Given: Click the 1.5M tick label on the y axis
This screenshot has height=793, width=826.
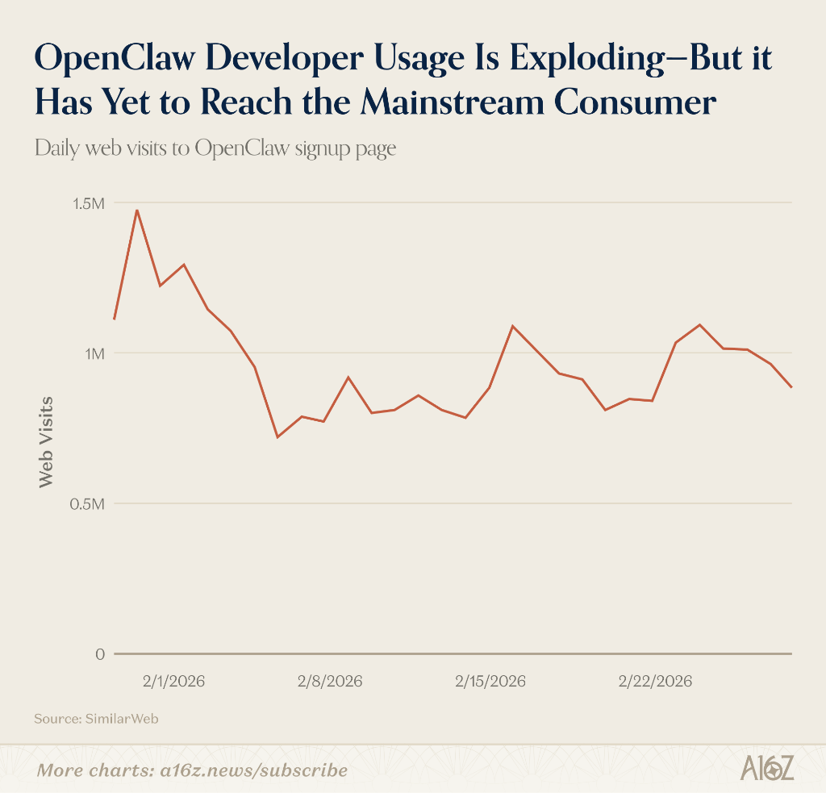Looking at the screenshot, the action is [x=88, y=203].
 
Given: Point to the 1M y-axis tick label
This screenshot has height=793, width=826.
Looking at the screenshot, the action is [x=95, y=353].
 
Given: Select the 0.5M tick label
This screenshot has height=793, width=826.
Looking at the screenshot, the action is [x=87, y=504].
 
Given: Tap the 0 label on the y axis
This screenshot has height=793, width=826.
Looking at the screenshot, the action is [x=100, y=654].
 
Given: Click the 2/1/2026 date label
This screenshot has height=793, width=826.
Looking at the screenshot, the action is [x=174, y=682].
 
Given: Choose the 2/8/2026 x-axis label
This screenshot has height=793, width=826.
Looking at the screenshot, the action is [x=330, y=682].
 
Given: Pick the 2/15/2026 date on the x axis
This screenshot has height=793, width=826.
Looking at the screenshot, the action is [x=490, y=682].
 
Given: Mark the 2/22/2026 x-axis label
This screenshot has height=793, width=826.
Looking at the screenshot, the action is [x=655, y=682].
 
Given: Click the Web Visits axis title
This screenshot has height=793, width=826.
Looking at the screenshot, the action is [x=46, y=442].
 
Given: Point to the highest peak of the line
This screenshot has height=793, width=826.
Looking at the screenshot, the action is [x=137, y=211].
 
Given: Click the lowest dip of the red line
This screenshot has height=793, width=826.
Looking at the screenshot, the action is [x=277, y=437].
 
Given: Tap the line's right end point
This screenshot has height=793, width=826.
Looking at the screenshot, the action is [x=791, y=387].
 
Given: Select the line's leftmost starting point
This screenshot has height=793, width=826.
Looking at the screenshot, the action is [x=115, y=319].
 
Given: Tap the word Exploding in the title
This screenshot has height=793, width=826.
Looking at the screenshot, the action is [x=587, y=59].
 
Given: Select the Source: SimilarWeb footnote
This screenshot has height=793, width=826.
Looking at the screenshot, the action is [x=97, y=719].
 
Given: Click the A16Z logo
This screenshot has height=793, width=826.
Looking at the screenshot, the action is [x=767, y=769].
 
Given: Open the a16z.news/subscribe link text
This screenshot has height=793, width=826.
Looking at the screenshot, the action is [x=254, y=770].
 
